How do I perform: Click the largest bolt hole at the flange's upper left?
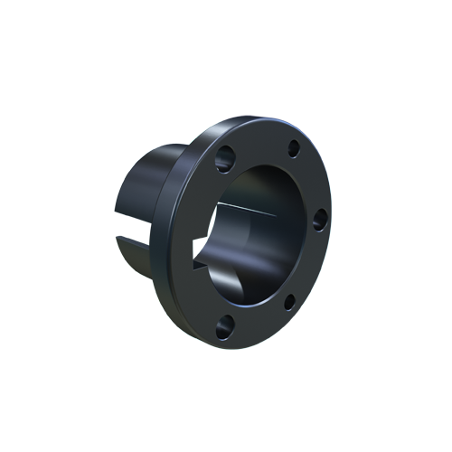pos(224,157)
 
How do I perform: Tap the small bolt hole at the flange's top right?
pos(293,150)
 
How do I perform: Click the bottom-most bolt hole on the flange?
pos(223,325)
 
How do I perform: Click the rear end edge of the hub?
pos(118,208)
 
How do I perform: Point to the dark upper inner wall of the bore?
pos(262,185)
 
